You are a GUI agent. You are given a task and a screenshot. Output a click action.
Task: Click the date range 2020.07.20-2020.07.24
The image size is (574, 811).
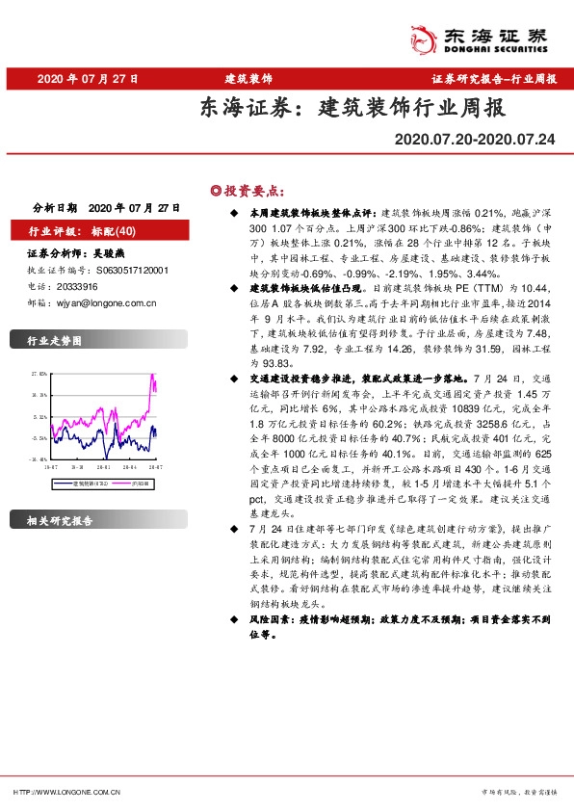click(x=475, y=141)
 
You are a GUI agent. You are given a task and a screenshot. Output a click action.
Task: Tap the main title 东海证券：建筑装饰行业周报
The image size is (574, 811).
click(x=352, y=108)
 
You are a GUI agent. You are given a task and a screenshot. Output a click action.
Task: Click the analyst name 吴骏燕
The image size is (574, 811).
click(x=107, y=255)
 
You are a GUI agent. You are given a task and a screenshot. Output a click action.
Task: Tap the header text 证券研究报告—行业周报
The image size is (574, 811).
click(x=494, y=80)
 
